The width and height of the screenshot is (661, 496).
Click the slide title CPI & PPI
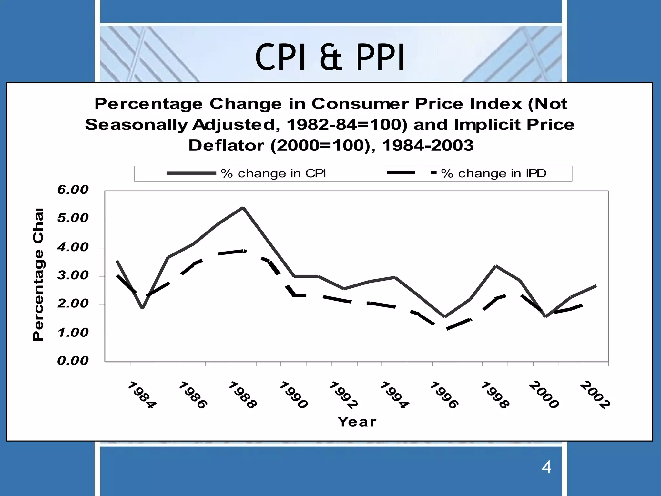point(330,57)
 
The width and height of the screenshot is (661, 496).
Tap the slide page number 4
point(546,468)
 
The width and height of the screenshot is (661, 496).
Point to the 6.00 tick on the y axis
point(73,190)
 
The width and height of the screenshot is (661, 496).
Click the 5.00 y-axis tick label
point(73,218)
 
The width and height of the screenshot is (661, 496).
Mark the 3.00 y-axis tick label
point(73,275)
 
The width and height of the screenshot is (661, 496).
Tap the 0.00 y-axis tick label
point(73,361)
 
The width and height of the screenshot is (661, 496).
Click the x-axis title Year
point(357,422)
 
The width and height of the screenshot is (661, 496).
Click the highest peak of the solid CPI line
point(243,208)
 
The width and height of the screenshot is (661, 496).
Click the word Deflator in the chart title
point(226,146)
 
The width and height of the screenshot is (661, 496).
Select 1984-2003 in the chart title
point(428,146)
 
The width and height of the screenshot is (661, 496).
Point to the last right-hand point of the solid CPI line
point(595,286)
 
